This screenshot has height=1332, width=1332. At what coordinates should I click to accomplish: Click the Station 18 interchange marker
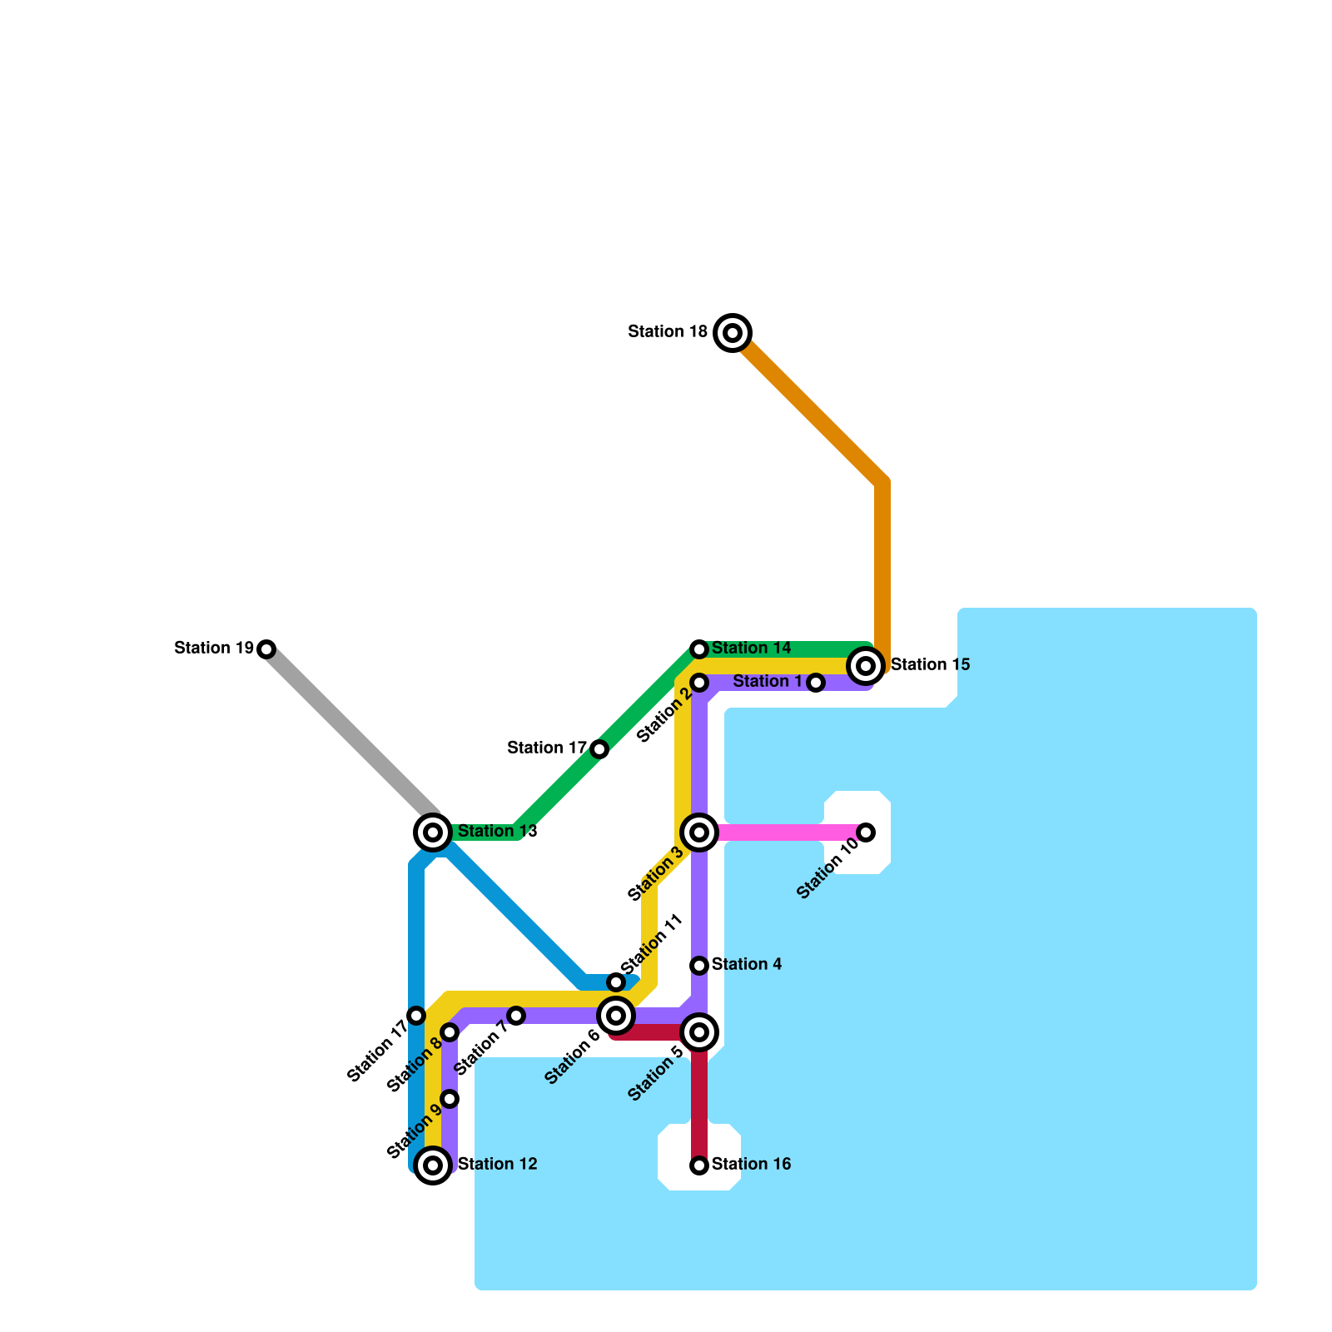coord(733,333)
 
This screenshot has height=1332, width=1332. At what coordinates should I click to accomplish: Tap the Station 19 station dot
coord(266,649)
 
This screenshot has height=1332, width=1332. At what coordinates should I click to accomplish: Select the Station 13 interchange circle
coord(433,832)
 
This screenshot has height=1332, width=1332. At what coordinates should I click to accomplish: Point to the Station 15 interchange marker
coord(866,665)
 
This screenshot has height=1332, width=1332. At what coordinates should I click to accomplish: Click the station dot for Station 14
coord(699,649)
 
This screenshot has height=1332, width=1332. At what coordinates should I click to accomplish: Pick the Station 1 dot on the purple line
coord(816,683)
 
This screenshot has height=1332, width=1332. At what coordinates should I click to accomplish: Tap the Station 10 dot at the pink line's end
coord(866,832)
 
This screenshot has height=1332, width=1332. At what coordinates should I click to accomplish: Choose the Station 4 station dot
coord(699,966)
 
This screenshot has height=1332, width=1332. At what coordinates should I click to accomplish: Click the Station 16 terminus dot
coord(699,1165)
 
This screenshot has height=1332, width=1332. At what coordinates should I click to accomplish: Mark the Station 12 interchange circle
coord(433,1165)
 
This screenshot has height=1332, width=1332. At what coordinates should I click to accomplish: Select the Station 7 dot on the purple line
coord(516,1016)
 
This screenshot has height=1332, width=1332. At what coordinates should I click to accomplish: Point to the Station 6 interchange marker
coord(616,1015)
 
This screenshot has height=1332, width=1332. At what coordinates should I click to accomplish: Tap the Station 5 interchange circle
coord(699,1032)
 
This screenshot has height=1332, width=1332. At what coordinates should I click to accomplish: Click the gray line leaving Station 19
coord(350,733)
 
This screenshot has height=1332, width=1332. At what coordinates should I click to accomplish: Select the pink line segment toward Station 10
coord(783,832)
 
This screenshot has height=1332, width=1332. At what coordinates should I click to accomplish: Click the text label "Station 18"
coord(668,332)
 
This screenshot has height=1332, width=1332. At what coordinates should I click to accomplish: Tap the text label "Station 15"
coord(930,665)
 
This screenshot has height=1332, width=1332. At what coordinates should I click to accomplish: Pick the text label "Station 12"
coord(497,1165)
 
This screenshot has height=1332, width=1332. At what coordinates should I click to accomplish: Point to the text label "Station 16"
coord(751,1165)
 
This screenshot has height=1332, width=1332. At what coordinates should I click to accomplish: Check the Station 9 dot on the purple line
coord(450,1099)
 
